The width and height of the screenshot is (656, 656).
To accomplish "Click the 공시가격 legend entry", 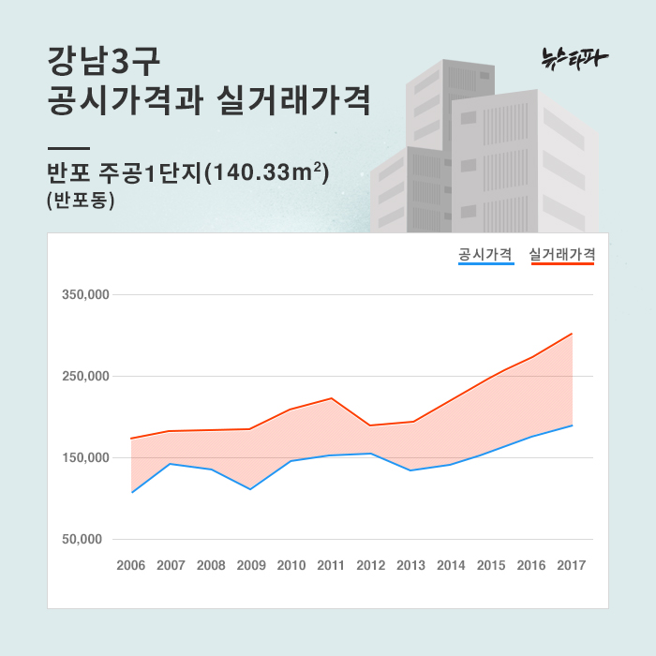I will [485, 254].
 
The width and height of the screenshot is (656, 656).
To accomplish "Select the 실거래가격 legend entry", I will [562, 254].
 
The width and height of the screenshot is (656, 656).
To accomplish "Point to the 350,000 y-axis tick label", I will [86, 294].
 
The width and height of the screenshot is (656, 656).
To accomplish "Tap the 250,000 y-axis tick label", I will [86, 377].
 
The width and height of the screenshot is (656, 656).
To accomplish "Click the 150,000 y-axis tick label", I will [86, 458].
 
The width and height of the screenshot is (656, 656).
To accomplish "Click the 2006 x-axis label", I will [131, 565].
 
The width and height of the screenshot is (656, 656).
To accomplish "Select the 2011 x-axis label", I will [332, 565].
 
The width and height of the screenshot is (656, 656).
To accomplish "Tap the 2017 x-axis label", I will [572, 565].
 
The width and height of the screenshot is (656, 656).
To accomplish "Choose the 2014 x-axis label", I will [452, 565].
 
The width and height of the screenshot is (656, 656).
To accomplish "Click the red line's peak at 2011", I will [332, 398].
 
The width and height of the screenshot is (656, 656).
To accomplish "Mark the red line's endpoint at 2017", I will [572, 334].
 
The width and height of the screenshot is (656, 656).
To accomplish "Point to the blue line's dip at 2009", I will [251, 489].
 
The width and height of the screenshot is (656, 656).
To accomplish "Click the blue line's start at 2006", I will [132, 492].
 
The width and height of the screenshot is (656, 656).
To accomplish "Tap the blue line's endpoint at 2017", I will [572, 425].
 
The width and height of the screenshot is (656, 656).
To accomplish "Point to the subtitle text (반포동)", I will [80, 201].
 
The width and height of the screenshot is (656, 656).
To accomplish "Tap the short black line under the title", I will [67, 148].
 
